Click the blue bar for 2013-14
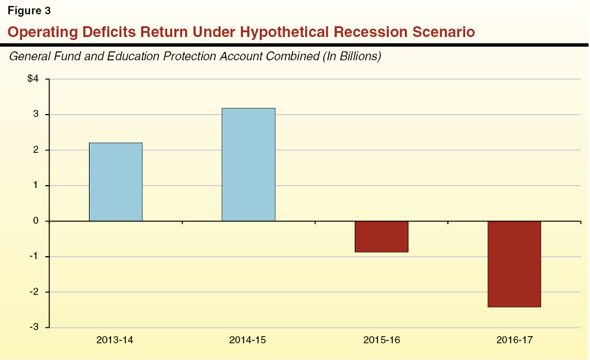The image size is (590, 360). [x=115, y=181]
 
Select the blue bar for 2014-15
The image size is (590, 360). [x=248, y=164]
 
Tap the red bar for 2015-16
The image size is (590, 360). [x=381, y=236]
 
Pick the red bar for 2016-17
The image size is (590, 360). [x=514, y=264]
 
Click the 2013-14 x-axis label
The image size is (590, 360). [x=115, y=340]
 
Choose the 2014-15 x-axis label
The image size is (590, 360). [x=248, y=340]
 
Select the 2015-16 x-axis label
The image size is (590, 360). [x=381, y=340]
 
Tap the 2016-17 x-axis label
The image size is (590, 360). [x=514, y=340]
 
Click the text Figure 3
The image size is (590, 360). [x=29, y=10]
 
